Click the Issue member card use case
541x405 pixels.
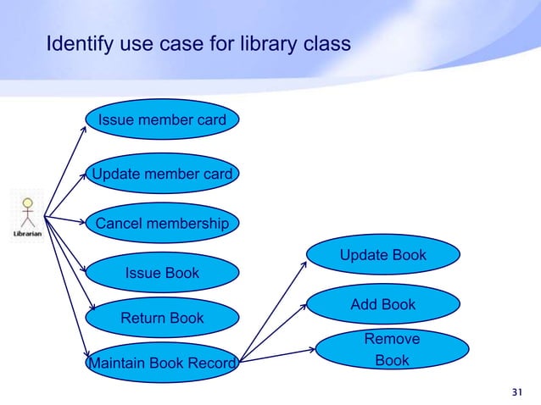click(162, 120)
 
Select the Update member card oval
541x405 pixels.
click(162, 175)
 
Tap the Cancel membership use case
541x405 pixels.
click(162, 225)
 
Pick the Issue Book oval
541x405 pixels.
click(162, 273)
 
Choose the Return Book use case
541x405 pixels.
click(162, 319)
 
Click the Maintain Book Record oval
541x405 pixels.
click(162, 364)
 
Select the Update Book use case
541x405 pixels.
click(382, 255)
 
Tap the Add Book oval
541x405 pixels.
click(382, 304)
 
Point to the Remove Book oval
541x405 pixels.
click(391, 350)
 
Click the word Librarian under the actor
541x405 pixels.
click(28, 234)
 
